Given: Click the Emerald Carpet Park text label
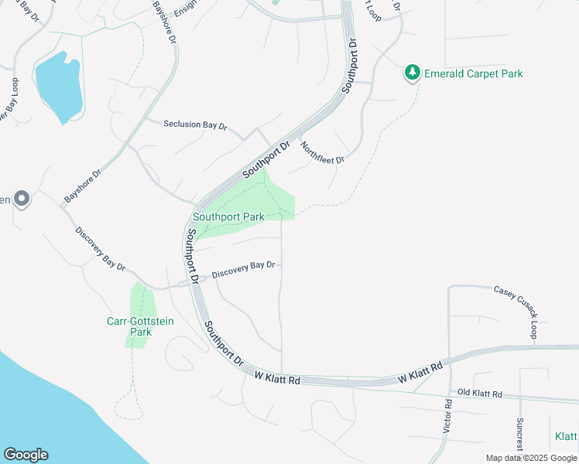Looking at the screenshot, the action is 472,74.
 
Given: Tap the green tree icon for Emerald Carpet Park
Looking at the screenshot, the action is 413,73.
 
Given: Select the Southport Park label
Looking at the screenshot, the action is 229,217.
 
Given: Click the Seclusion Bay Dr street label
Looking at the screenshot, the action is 196,125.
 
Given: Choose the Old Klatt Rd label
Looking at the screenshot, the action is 480,394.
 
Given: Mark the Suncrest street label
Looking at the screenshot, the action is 519,436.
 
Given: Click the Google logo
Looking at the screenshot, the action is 26,454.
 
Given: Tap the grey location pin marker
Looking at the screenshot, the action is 22,200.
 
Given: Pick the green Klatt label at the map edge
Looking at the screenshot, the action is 566,437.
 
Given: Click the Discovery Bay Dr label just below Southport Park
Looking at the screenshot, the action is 244,268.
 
